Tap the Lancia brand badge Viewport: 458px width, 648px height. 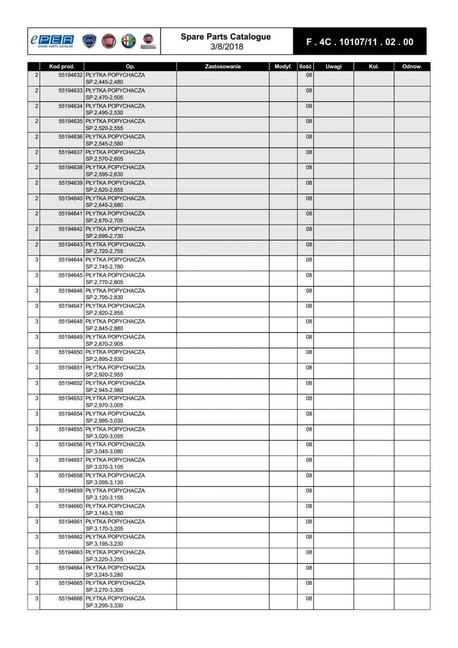pyautogui.click(x=89, y=41)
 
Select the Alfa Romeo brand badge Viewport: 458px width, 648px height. pyautogui.click(x=129, y=41)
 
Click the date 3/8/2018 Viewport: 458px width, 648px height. pyautogui.click(x=227, y=47)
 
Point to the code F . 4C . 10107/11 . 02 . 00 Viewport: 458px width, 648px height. pyautogui.click(x=360, y=42)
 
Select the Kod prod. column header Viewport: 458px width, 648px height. pyautogui.click(x=62, y=66)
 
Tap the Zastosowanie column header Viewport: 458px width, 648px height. pyautogui.click(x=223, y=66)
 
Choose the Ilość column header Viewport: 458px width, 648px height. pyautogui.click(x=305, y=66)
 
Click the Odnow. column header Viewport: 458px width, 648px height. pyautogui.click(x=412, y=66)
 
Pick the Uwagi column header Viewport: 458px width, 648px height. pyautogui.click(x=334, y=66)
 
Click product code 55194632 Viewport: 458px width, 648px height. pyautogui.click(x=70, y=75)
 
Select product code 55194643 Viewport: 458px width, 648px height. pyautogui.click(x=70, y=245)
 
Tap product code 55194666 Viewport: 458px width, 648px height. pyautogui.click(x=70, y=598)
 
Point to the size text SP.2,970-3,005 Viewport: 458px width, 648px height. pyautogui.click(x=104, y=405)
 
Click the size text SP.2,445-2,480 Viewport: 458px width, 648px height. pyautogui.click(x=104, y=82)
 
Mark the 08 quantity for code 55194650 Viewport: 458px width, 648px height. pyautogui.click(x=309, y=352)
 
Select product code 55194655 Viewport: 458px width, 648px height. pyautogui.click(x=70, y=429)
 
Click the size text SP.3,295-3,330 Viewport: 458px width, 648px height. pyautogui.click(x=104, y=605)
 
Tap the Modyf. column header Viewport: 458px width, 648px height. pyautogui.click(x=283, y=66)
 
